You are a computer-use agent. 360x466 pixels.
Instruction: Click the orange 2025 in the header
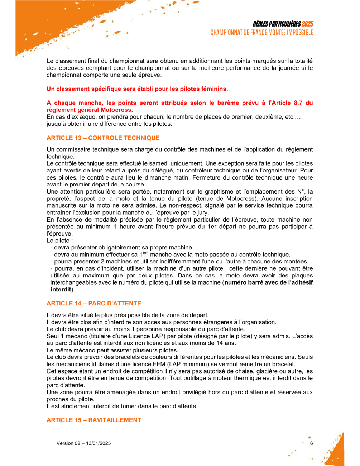coord(307,24)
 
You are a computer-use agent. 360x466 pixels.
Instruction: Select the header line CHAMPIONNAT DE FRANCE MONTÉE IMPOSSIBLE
coord(261,33)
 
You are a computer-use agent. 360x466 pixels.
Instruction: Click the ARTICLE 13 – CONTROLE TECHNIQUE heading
coord(103,138)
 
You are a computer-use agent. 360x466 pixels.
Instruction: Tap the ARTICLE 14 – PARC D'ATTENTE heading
coord(94,303)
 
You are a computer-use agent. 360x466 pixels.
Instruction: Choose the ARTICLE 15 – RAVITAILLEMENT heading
coord(94,420)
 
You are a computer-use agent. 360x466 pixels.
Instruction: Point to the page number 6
coord(311,443)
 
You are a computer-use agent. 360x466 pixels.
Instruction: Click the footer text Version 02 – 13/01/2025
coord(83,443)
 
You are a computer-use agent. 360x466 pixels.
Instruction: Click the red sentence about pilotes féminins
coord(137,89)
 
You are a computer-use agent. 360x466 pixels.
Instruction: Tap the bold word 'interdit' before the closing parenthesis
coord(61,290)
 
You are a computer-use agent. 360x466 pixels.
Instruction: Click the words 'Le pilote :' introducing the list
coord(59,241)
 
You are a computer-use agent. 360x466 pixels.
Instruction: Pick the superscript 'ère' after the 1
coord(146,253)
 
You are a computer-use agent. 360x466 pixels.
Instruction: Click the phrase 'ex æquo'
coord(81,117)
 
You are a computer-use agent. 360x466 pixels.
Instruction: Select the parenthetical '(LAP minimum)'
coord(186,364)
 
